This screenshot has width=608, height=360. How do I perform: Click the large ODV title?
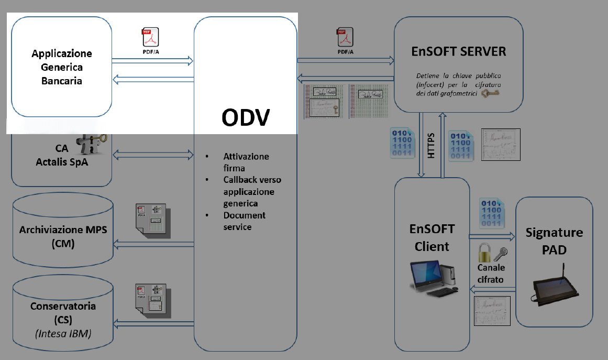click(x=246, y=117)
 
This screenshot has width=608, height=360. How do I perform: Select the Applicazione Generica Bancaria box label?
click(x=62, y=67)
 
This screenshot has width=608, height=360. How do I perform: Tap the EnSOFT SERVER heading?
click(x=459, y=51)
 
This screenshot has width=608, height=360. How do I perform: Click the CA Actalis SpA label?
click(x=62, y=155)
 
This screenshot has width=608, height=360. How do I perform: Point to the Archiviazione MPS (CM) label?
click(x=63, y=236)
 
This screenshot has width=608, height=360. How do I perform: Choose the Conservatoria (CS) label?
click(x=63, y=312)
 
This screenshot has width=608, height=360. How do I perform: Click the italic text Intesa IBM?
click(x=63, y=332)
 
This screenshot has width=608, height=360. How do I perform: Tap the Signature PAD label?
click(x=554, y=241)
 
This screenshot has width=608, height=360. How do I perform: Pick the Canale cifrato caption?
click(x=491, y=274)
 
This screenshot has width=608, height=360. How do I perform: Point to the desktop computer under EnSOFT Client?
click(x=432, y=277)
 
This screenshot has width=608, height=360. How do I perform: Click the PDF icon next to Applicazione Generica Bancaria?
click(x=150, y=37)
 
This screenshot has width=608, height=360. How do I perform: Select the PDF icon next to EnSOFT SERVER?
click(x=345, y=37)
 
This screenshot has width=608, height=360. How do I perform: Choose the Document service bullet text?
click(x=245, y=221)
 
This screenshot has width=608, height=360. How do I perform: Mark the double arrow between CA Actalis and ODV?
click(x=153, y=155)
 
